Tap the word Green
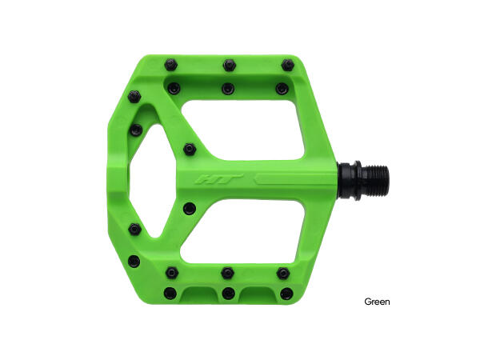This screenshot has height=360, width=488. point(377,302)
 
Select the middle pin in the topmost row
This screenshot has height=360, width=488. point(229,63)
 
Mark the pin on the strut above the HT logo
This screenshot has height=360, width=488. point(190,148)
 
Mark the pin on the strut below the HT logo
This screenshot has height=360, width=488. point(189,208)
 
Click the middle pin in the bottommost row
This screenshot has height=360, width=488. point(229,294)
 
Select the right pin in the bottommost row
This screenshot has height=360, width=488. point(285,293)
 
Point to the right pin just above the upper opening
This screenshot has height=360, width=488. point(281,88)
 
